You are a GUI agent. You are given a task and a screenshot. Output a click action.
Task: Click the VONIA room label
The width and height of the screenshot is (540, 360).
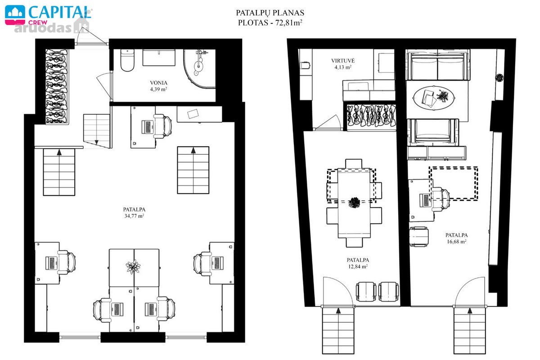[158, 83]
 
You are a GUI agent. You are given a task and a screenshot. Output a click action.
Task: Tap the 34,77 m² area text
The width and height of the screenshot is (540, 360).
[134, 216]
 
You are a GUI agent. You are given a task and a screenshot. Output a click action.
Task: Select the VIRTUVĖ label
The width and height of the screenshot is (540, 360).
[343, 60]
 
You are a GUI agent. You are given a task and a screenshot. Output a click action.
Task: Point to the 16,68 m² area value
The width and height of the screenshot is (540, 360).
[456, 242]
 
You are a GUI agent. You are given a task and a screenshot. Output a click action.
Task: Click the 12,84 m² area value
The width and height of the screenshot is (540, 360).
[358, 266]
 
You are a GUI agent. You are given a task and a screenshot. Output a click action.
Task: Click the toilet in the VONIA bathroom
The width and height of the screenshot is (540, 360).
[127, 60]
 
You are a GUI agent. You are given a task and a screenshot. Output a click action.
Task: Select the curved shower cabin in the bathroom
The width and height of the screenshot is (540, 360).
[199, 69]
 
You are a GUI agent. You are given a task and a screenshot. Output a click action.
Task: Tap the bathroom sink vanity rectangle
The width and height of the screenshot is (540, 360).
[159, 58]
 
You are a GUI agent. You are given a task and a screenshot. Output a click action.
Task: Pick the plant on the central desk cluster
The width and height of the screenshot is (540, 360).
[133, 267]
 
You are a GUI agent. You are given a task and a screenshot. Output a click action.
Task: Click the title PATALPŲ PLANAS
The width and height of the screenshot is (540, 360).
[270, 13]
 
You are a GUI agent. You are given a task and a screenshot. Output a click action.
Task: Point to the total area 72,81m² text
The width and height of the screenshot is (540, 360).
[289, 22]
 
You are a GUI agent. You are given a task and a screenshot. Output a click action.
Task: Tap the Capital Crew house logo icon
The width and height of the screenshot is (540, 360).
[15, 15]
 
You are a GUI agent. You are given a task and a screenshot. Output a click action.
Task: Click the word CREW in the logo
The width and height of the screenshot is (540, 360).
[38, 22]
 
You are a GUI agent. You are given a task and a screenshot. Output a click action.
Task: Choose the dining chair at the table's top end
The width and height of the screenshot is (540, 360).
[354, 163]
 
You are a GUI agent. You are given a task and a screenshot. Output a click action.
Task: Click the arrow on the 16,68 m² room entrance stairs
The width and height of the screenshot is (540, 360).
[470, 311]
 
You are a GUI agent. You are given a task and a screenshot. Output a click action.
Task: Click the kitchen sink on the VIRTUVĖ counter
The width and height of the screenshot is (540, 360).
[358, 86]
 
